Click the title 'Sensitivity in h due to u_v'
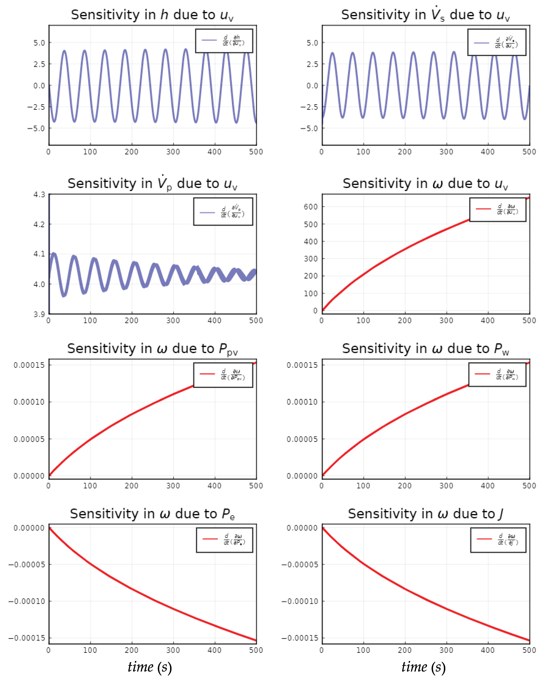tap(152, 15)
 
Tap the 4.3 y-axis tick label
tap(39, 194)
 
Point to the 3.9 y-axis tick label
tap(39, 314)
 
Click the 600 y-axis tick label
tap(311, 207)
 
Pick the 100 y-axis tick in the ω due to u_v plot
tap(311, 294)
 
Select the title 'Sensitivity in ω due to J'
tap(426, 514)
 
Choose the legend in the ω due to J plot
tap(498, 540)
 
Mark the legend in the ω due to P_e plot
tap(224, 540)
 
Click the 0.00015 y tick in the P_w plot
tap(302, 365)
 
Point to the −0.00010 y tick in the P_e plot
tap(27, 601)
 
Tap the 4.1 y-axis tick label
tap(39, 254)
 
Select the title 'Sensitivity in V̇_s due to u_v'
tap(426, 15)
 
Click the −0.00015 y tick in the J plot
tap(300, 638)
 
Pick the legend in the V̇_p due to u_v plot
tap(223, 211)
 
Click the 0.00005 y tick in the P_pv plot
tap(29, 439)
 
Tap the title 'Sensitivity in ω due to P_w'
tap(426, 349)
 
